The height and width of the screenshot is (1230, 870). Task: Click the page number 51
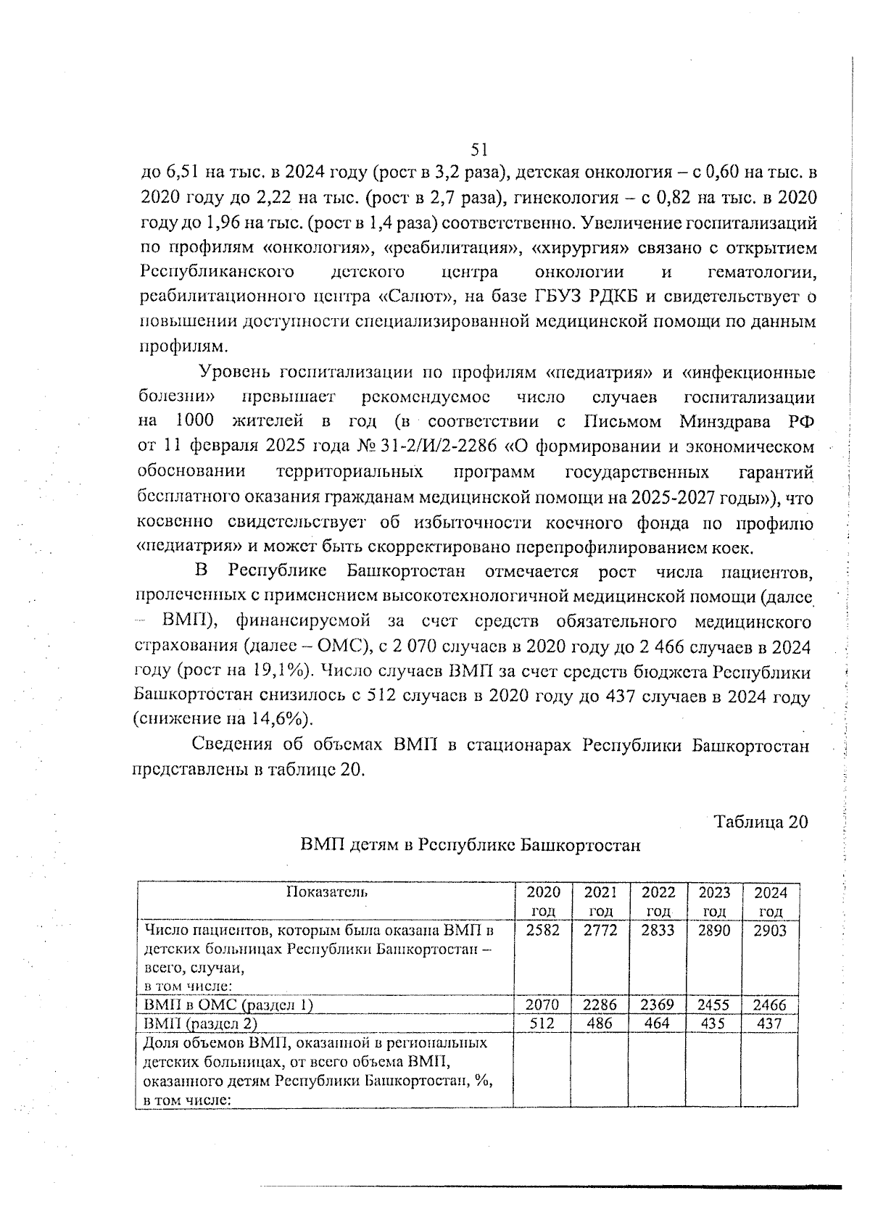[478, 149]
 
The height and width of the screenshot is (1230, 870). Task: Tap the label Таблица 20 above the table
[760, 822]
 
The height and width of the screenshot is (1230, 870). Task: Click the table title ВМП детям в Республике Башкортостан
[471, 845]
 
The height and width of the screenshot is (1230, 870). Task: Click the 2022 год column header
[658, 901]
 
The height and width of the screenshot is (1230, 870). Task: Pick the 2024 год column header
[770, 901]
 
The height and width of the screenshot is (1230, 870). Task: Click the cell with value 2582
[542, 931]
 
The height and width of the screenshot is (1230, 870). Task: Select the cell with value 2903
[770, 931]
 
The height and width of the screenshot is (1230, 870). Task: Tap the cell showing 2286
[600, 1005]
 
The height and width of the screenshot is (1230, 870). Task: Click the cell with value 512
[542, 1023]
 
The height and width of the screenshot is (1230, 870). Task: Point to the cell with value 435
[713, 1023]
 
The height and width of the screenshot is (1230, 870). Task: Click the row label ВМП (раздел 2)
[201, 1023]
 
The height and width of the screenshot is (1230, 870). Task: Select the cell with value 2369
[658, 1005]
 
